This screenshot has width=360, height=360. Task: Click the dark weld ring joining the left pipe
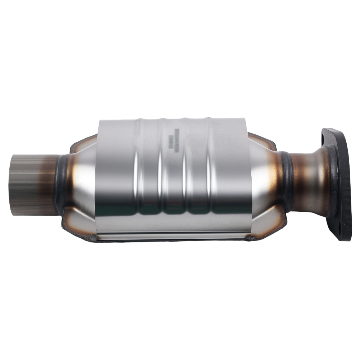tap(60, 184)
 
